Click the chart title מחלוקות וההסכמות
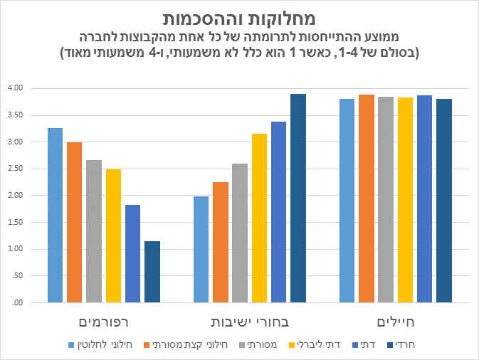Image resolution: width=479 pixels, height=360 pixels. (239, 17)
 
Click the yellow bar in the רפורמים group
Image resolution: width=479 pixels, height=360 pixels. (113, 235)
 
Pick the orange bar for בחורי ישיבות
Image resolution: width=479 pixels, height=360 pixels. (221, 242)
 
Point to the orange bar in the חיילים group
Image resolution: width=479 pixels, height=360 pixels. (367, 198)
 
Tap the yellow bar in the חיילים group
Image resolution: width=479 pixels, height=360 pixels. (405, 200)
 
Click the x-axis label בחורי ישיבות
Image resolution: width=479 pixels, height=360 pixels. (249, 321)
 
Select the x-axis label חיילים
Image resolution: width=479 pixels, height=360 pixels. (395, 321)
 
